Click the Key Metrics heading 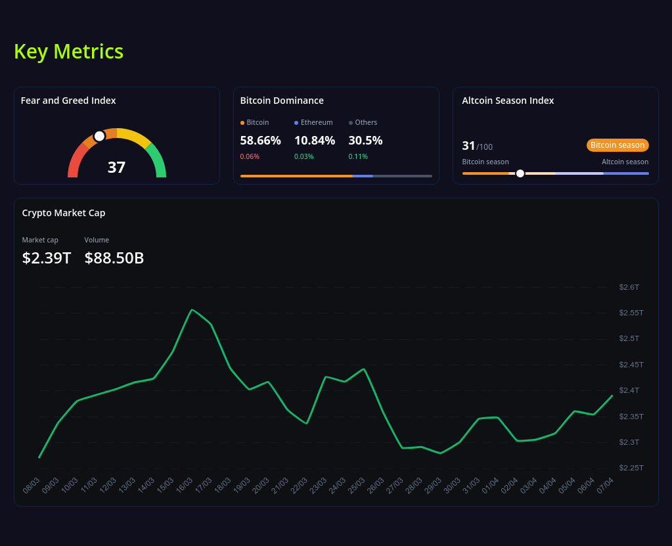point(68,51)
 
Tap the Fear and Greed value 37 point(116,168)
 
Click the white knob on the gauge point(99,136)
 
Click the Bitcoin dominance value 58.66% point(260,140)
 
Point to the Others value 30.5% point(365,140)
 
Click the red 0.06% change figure point(250,156)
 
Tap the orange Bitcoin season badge point(617,145)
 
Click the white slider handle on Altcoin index point(520,173)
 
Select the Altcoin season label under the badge point(625,162)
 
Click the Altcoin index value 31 point(468,146)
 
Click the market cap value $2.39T point(47,258)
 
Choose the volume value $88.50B point(114,258)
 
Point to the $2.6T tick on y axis point(629,287)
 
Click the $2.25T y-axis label point(631,468)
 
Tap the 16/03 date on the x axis point(185,486)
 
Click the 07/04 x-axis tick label point(605,486)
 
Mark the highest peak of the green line point(191,310)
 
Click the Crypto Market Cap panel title point(64,213)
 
